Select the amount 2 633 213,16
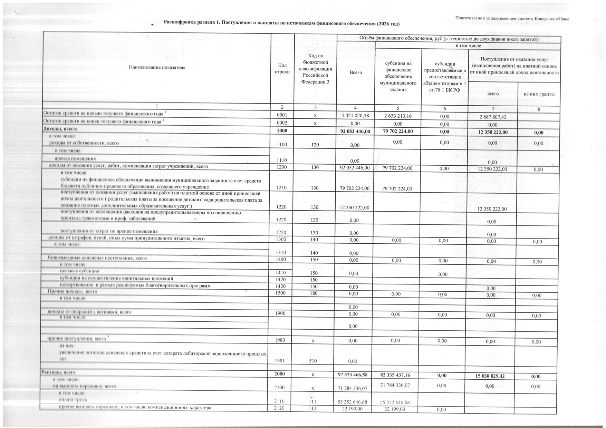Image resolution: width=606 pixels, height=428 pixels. pos(398,116)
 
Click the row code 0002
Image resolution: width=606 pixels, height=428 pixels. pos(282,123)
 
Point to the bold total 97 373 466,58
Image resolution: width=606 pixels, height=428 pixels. pos(353,375)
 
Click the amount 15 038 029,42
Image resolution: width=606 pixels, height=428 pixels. pos(490,376)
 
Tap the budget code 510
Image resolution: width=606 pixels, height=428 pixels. pos(313,361)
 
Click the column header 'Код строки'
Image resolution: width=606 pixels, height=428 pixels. pos(282,68)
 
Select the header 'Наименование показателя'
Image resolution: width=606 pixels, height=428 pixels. pos(157,68)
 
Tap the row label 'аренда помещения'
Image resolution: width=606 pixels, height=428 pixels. pos(75,159)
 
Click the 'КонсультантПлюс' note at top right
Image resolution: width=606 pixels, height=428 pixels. pos(512,19)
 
